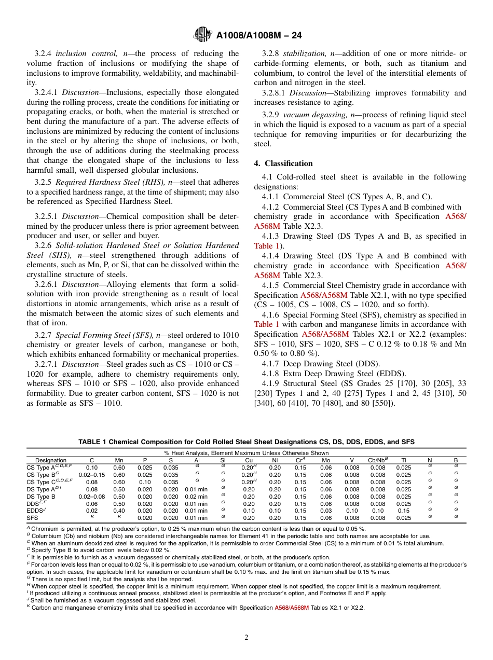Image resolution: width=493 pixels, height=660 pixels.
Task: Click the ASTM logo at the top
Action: [201, 35]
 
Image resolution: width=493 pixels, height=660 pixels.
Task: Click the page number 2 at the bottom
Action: [246, 637]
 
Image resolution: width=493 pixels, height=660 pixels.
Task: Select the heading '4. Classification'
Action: [283, 163]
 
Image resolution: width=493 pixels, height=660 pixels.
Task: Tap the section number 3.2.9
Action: [271, 115]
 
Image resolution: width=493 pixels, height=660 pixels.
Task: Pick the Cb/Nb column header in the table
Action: [378, 460]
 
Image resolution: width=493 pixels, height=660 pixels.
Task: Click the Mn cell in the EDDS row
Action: [119, 511]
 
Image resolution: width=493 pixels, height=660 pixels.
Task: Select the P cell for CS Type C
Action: [145, 482]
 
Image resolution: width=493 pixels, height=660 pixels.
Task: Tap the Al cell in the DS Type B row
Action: [196, 497]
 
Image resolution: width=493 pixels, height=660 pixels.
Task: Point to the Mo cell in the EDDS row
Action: [326, 511]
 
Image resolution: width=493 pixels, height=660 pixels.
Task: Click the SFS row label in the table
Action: [32, 518]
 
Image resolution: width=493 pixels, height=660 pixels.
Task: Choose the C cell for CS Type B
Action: [92, 475]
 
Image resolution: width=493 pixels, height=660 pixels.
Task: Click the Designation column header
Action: [51, 460]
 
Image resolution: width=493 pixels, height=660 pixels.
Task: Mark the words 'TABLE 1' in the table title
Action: [92, 442]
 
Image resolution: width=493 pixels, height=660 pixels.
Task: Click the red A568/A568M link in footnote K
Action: [291, 608]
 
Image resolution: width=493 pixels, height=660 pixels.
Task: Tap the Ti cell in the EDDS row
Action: [404, 511]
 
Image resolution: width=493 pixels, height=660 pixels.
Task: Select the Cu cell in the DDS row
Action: [249, 504]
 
